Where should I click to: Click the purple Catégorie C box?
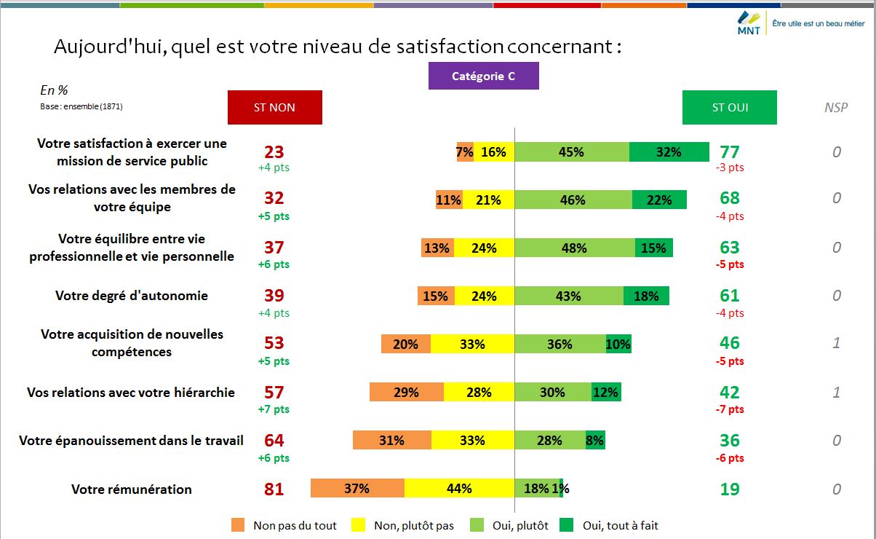[483, 76]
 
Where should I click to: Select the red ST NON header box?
[274, 107]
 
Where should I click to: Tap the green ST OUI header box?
[729, 107]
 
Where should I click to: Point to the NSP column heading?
[836, 108]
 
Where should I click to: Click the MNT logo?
[749, 23]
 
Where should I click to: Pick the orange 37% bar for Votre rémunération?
[357, 488]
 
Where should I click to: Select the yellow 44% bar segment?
[459, 488]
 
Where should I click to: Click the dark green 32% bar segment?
[669, 152]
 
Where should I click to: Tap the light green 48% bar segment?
[574, 248]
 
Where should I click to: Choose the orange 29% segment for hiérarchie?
[406, 392]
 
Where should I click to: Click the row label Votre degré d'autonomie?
[132, 296]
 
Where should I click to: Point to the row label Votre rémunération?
[132, 489]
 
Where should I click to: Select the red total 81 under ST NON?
[274, 489]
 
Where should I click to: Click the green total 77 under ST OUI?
[729, 152]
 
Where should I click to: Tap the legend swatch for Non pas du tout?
[238, 525]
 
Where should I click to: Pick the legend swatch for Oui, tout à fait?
[567, 525]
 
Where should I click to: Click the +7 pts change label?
[274, 409]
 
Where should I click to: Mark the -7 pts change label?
[729, 409]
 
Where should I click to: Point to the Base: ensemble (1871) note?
[81, 106]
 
